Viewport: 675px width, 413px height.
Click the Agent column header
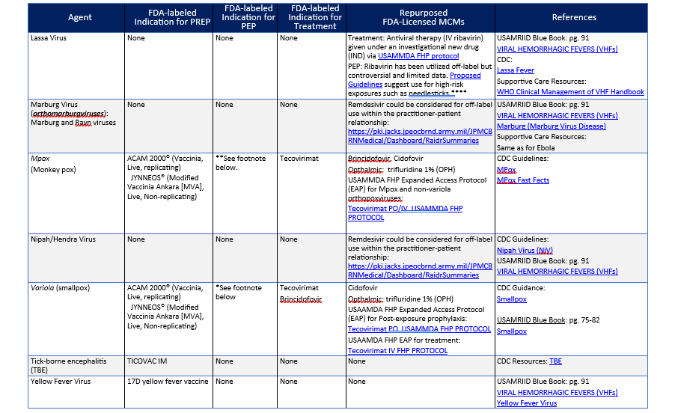[x=79, y=17]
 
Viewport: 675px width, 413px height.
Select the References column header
[x=574, y=17]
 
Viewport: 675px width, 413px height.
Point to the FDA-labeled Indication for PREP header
[x=169, y=17]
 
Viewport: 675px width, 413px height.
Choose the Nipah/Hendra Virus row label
[x=62, y=239]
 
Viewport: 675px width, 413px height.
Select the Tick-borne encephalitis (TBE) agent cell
[x=67, y=365]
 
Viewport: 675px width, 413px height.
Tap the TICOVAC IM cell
[x=147, y=361]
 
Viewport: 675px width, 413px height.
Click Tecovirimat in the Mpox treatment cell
[x=299, y=159]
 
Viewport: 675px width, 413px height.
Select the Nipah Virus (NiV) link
[x=525, y=250]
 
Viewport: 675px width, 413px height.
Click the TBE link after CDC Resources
[x=555, y=361]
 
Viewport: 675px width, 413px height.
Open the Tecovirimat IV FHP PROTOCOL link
[x=398, y=350]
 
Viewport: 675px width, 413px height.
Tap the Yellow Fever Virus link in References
[x=527, y=403]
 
